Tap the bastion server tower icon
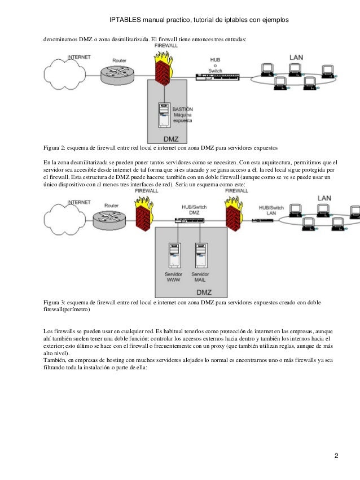(x=164, y=115)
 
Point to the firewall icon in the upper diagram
(x=163, y=69)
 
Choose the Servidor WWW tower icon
(x=174, y=255)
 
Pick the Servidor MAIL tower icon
(x=199, y=255)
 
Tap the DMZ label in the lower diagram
(x=204, y=292)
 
